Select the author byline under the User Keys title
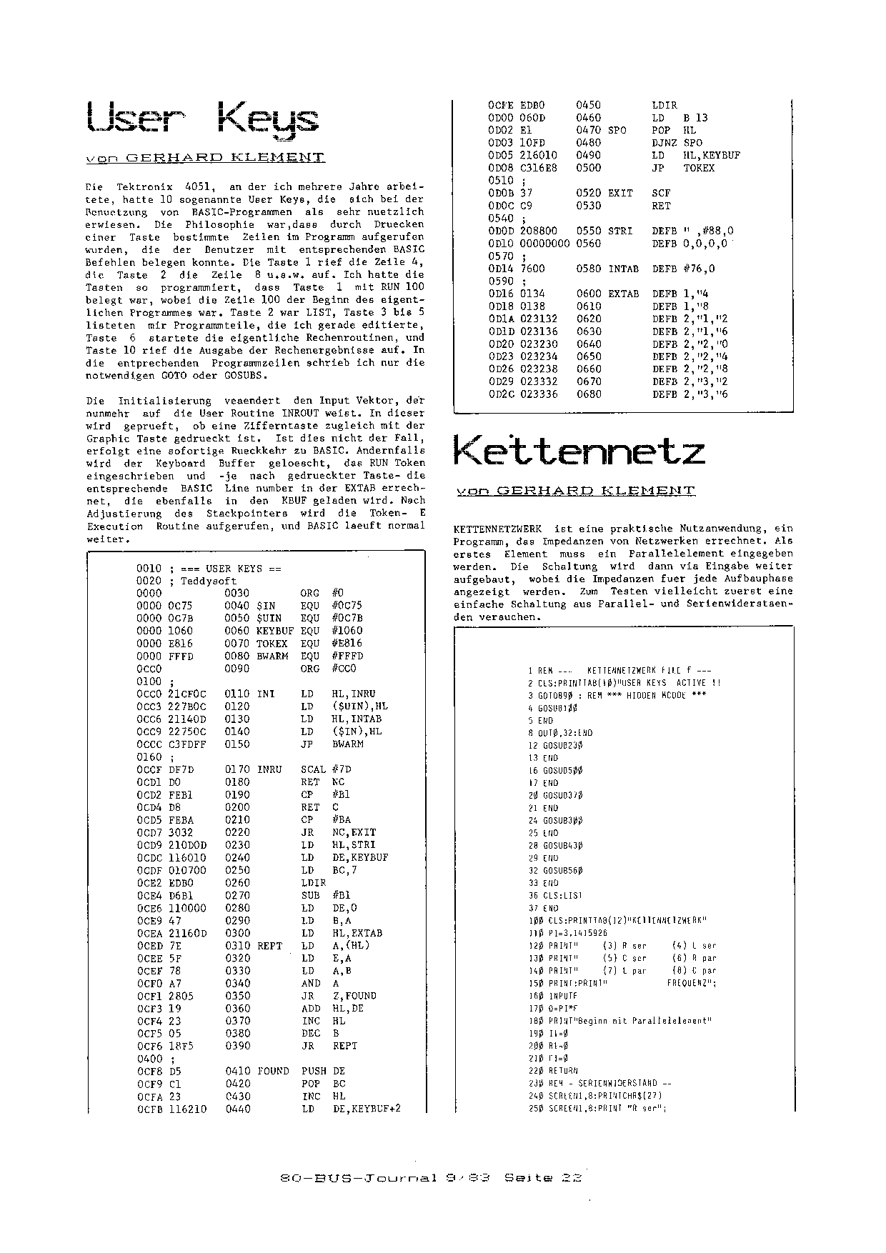204,157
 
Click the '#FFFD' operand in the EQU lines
347,656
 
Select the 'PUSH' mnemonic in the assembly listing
314,1071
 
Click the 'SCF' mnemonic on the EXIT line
661,193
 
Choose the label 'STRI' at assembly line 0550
619,231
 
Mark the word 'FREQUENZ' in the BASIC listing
690,983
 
